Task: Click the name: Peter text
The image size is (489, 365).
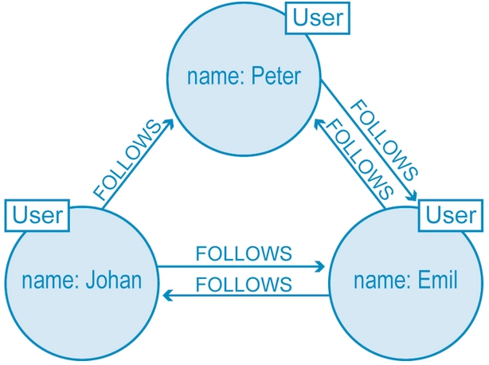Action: [x=244, y=77]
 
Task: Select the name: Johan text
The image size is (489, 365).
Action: [x=82, y=280]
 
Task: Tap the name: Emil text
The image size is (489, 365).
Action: [x=405, y=280]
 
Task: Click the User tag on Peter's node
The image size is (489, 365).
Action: [x=318, y=18]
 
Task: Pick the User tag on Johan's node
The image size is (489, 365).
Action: [x=37, y=215]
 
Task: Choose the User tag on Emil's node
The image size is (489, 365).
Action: [x=451, y=215]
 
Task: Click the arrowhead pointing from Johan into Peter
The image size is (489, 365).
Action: [x=169, y=124]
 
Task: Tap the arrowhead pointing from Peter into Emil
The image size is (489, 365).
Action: [x=412, y=195]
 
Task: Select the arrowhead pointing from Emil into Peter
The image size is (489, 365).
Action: [x=319, y=124]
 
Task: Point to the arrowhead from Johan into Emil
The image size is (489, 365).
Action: [x=320, y=267]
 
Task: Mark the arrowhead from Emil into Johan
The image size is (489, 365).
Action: [x=168, y=295]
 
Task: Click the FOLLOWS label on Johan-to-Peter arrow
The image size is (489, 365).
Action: [x=127, y=159]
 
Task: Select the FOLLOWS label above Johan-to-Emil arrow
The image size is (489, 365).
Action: [x=244, y=253]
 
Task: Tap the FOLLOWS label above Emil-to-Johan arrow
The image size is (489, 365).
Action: [x=244, y=285]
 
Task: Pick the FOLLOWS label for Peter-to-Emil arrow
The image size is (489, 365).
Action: [x=384, y=140]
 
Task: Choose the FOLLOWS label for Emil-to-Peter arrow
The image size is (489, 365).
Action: [x=359, y=159]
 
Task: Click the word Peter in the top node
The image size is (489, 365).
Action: [x=276, y=77]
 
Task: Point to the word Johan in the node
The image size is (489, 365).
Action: [x=114, y=280]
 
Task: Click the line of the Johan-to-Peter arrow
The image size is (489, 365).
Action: [x=137, y=164]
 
